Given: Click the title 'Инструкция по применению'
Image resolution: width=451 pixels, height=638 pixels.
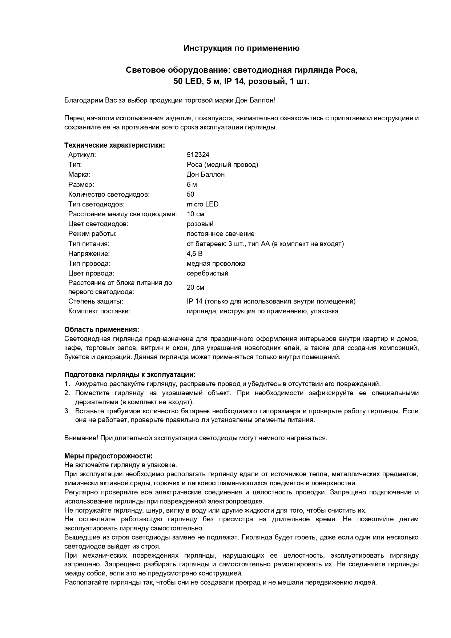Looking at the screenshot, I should coord(241,48).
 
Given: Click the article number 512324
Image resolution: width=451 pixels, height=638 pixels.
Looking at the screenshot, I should coord(198,155).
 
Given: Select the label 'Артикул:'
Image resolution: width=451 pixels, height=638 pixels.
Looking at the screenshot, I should coord(82,155).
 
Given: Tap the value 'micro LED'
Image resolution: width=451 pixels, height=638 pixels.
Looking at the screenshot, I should coord(202,204).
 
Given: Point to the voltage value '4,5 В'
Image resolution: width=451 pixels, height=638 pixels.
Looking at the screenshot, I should coord(194,254).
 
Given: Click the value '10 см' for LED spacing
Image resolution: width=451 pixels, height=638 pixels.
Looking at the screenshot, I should coord(195,214).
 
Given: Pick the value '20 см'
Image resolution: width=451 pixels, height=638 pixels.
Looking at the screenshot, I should coord(195,288).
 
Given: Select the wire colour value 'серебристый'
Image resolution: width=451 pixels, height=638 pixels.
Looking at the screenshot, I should coord(207,273).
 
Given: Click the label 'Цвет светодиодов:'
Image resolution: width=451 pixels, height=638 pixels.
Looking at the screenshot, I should coord(98,224).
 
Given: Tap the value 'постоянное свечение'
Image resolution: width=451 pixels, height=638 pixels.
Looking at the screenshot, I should coord(220,234).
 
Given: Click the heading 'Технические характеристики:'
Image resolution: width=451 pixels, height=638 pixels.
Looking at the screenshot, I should coord(114,145).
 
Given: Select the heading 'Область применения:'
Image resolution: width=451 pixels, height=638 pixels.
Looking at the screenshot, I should coord(102,330).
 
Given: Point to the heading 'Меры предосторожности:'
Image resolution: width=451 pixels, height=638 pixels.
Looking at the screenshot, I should coord(108,456).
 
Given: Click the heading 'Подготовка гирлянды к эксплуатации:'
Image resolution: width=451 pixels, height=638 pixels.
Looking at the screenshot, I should coord(130,375).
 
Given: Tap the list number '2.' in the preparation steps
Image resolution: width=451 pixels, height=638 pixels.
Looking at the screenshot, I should coord(67,393).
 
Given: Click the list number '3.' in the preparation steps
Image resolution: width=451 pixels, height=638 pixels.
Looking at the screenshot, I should coord(67,411).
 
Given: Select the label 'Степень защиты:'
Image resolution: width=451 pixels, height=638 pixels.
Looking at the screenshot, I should coord(96,301).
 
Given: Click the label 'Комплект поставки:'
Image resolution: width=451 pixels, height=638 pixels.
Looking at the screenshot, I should coord(99,311).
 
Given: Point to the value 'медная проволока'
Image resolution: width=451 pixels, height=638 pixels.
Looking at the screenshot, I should coord(216,264).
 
